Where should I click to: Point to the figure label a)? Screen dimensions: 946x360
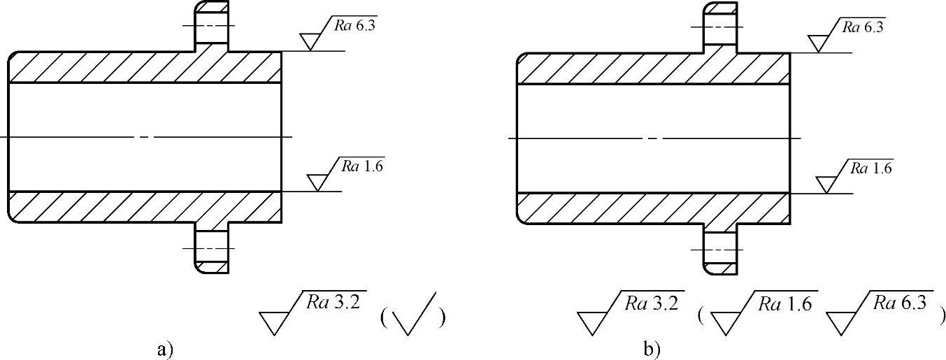[x=162, y=347]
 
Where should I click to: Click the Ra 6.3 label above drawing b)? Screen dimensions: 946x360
[x=862, y=27]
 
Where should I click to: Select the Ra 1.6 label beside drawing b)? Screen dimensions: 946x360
[x=870, y=168]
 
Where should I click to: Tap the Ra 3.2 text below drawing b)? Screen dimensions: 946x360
[x=654, y=303]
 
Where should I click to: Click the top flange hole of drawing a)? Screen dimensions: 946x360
[x=210, y=33]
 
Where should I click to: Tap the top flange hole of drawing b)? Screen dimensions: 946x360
[x=720, y=33]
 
